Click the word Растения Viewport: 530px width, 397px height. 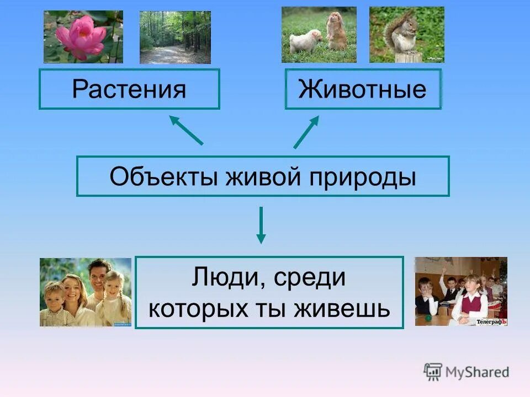(x=129, y=89)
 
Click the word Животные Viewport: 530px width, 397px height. (x=363, y=89)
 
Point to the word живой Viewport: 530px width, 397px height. (x=257, y=176)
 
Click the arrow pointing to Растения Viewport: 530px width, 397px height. (x=185, y=130)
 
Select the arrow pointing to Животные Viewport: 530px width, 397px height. (x=306, y=132)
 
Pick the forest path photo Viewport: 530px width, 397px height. (x=174, y=37)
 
